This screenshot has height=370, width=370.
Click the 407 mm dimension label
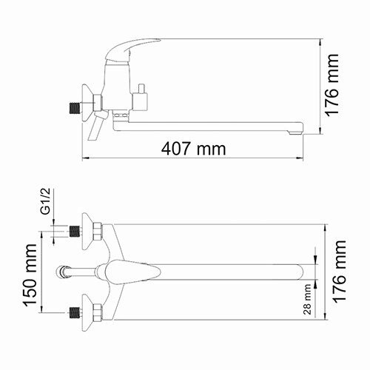tap(193, 149)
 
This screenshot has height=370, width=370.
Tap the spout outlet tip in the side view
tap(297, 130)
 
